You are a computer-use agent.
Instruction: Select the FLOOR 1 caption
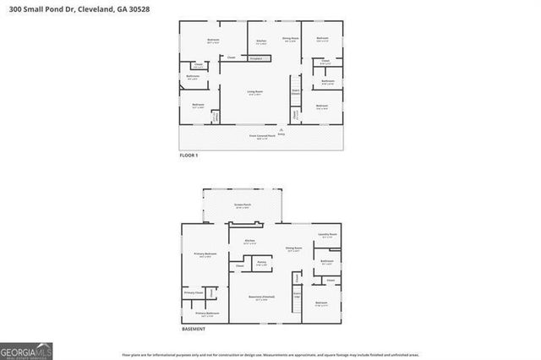pos(188,155)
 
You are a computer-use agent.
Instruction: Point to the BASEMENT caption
pos(193,329)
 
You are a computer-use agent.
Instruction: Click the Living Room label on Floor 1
pos(254,94)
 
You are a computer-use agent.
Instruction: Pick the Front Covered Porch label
pos(257,136)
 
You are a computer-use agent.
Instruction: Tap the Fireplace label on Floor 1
pos(255,58)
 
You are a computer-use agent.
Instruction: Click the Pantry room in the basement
pos(262,263)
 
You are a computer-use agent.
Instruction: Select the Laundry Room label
pos(328,235)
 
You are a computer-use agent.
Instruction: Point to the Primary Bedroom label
pos(205,254)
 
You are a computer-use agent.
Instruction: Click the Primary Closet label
pos(194,292)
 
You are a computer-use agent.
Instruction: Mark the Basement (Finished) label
pos(261,297)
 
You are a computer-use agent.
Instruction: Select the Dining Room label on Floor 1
pos(290,39)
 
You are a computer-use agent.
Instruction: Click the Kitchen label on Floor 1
pos(261,41)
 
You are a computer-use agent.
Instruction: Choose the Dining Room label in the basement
pos(293,248)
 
